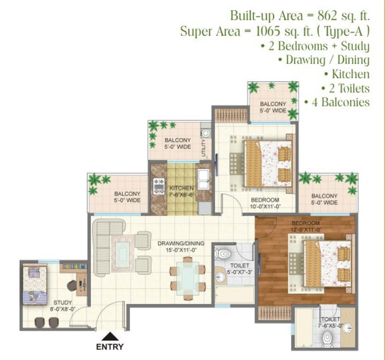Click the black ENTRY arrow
coord(110,336)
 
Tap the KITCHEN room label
coord(181,188)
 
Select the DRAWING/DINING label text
coord(181,243)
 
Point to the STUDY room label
coord(62,303)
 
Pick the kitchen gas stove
coord(159,186)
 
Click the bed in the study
coord(35,285)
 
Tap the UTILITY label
coord(203,148)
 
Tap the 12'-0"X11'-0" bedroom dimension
coord(306,230)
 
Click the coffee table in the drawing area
coord(123,254)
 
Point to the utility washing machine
coord(205,133)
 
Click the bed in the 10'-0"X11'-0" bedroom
coord(268,164)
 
